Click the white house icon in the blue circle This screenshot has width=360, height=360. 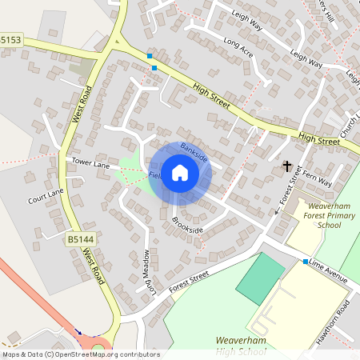pyautogui.click(x=180, y=173)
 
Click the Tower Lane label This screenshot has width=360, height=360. pyautogui.click(x=90, y=164)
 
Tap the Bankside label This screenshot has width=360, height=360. pyautogui.click(x=194, y=152)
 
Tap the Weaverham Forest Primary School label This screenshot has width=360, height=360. pyautogui.click(x=324, y=216)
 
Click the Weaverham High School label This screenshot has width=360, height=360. pyautogui.click(x=240, y=346)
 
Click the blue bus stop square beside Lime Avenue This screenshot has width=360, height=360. pyautogui.click(x=305, y=262)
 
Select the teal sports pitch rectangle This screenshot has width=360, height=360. pyautogui.click(x=260, y=278)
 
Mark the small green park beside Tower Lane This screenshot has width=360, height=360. pyautogui.click(x=128, y=170)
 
